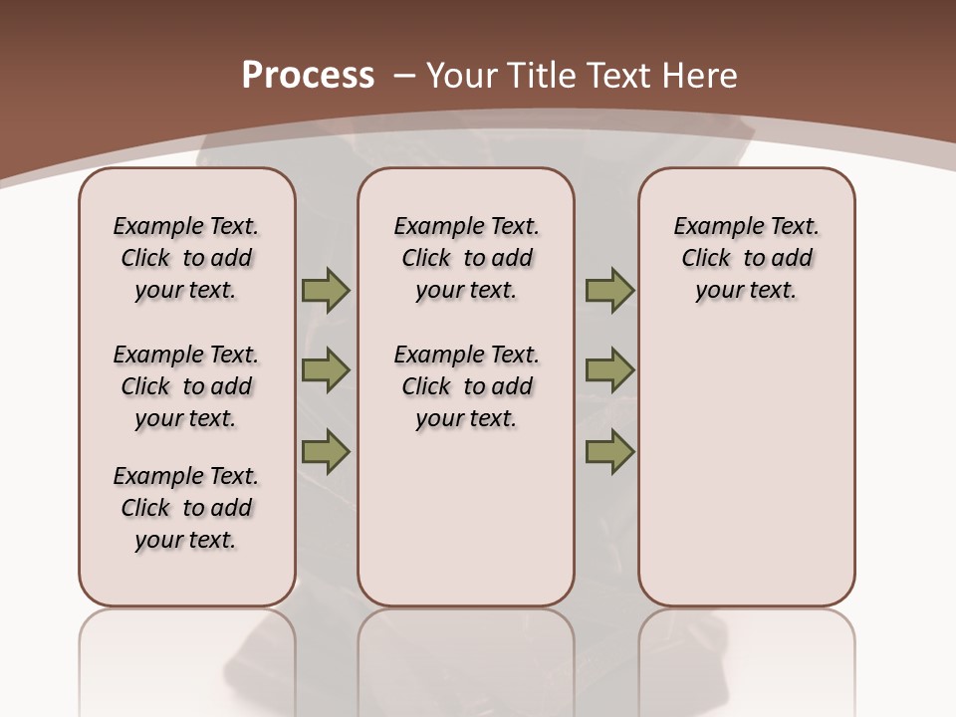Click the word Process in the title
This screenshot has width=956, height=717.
point(308,76)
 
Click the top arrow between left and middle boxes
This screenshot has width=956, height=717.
point(325,291)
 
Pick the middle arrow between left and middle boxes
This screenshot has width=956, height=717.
point(325,370)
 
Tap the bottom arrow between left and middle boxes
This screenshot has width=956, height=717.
point(325,451)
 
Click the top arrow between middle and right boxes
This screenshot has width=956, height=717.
point(609,291)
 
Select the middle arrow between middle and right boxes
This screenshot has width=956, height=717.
point(609,370)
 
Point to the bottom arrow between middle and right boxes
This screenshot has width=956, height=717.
point(609,451)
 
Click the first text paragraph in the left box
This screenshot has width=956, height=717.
point(186,258)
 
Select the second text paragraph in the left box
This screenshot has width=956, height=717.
point(186,386)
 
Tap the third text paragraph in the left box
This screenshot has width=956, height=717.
point(186,508)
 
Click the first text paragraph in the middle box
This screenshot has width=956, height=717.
point(466,258)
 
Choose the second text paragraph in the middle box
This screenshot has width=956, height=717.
point(466,386)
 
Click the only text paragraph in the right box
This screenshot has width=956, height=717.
point(746,258)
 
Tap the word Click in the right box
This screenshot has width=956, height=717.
point(706,259)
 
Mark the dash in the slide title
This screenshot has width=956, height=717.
point(404,76)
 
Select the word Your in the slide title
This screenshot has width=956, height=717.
point(462,76)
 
